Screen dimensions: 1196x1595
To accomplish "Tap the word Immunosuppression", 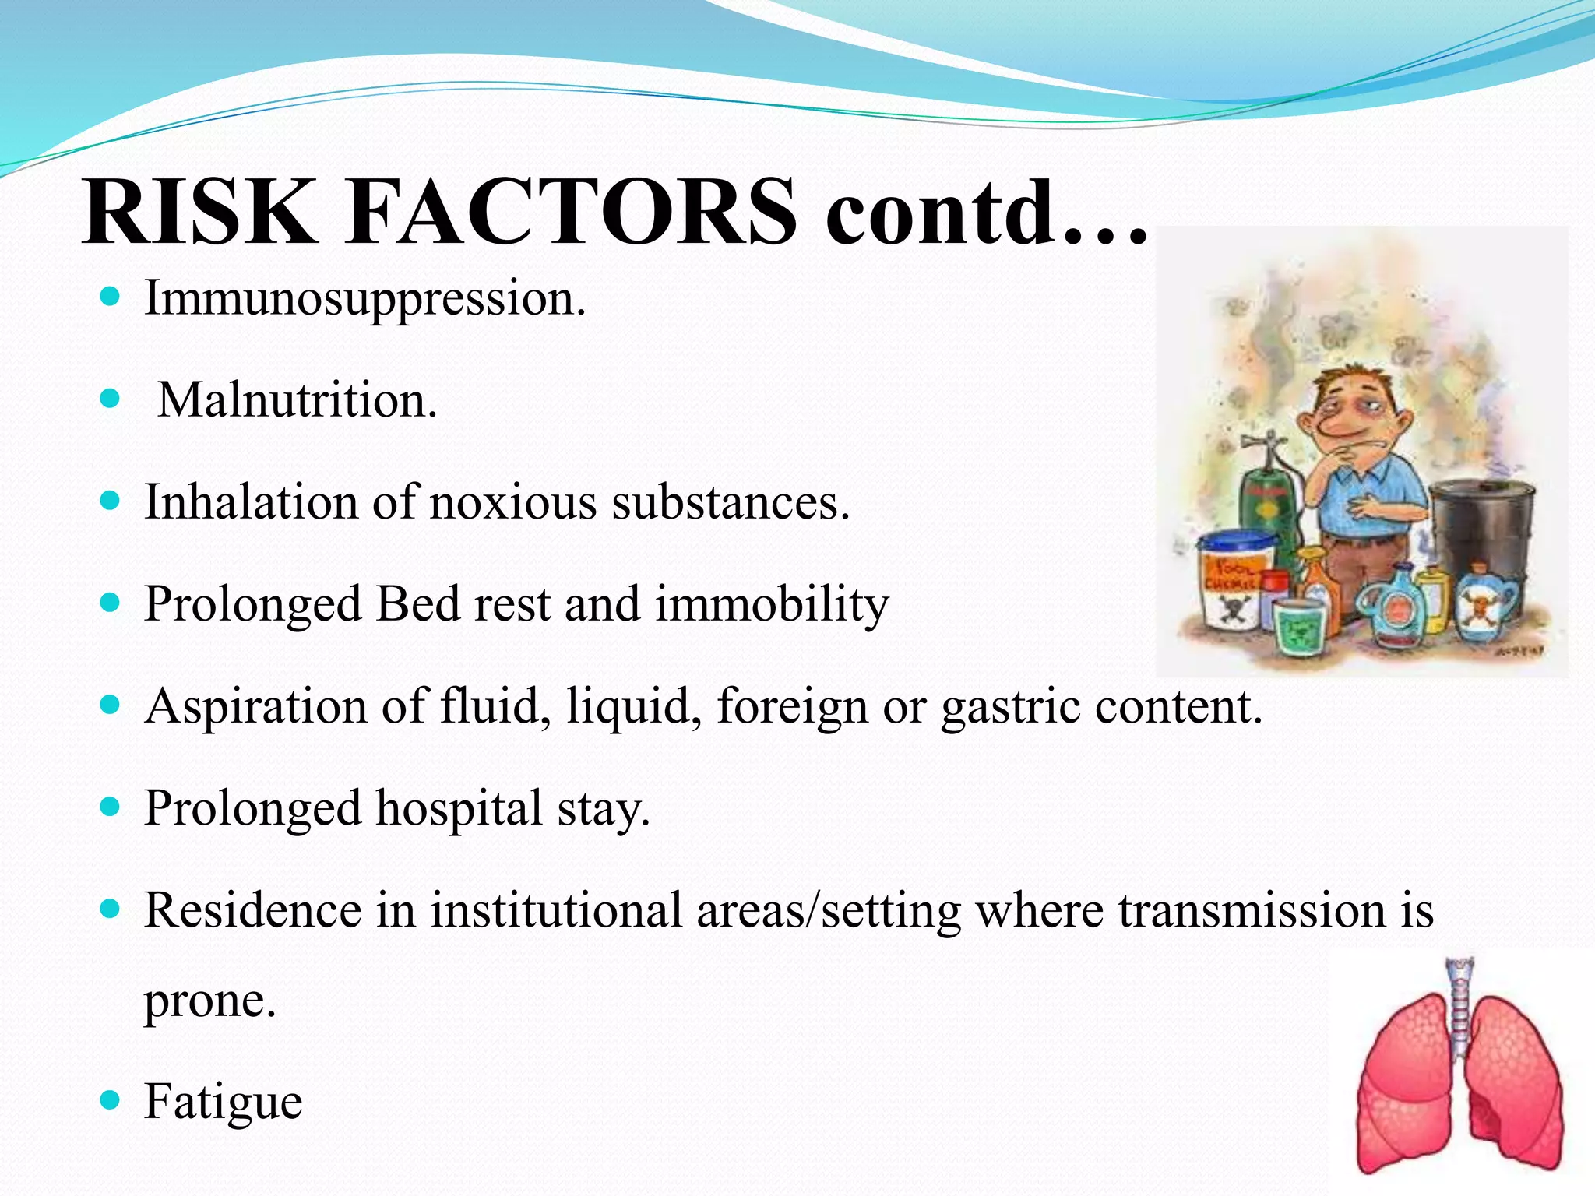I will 364,298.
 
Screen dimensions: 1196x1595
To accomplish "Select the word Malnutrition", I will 297,400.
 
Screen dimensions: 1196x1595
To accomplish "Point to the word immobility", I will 771,604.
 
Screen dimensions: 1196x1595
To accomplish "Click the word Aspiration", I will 256,707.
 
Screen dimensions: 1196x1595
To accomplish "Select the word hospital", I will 459,808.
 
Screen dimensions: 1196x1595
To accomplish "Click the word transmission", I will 1253,910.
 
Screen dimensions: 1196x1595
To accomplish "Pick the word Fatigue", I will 224,1103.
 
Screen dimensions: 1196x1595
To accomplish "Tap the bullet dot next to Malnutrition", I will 111,399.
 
